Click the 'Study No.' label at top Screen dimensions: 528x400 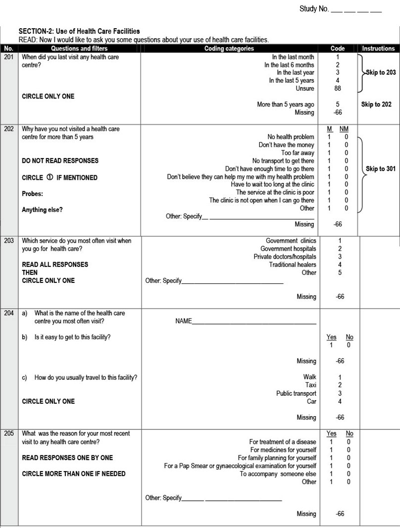pyautogui.click(x=314, y=9)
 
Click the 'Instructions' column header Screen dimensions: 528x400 pyautogui.click(x=378, y=49)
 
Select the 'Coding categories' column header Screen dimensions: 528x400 pyautogui.click(x=229, y=49)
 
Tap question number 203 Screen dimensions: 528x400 pyautogui.click(x=9, y=241)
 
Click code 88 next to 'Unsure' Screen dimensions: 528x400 pyautogui.click(x=338, y=89)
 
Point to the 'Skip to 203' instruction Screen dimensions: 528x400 pyautogui.click(x=381, y=73)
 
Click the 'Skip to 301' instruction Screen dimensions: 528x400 pyautogui.click(x=380, y=169)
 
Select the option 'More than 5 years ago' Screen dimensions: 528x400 pyautogui.click(x=285, y=105)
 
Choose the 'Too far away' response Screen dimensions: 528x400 pyautogui.click(x=298, y=153)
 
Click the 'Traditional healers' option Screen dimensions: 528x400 pyautogui.click(x=293, y=264)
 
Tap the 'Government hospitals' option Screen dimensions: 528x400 pyautogui.click(x=288, y=249)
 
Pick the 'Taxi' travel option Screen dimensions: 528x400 pyautogui.click(x=310, y=385)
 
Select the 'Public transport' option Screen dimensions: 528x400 pyautogui.click(x=296, y=393)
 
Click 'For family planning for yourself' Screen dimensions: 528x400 pyautogui.click(x=277, y=458)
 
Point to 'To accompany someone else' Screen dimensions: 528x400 pyautogui.click(x=278, y=474)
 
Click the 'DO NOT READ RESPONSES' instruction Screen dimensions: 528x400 pyautogui.click(x=60, y=160)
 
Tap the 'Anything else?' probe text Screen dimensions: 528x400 pyautogui.click(x=42, y=210)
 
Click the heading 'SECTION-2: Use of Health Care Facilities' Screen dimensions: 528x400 pyautogui.click(x=79, y=32)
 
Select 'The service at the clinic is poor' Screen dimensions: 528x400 pyautogui.click(x=275, y=192)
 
